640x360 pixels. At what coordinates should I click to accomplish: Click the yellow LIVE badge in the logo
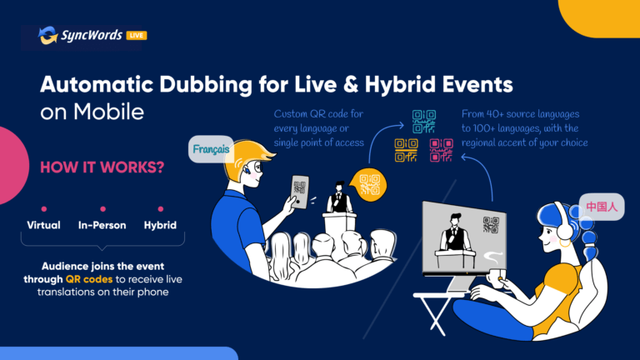[137, 36]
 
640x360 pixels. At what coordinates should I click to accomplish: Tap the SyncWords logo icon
[48, 35]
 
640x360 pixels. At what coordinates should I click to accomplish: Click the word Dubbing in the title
[206, 85]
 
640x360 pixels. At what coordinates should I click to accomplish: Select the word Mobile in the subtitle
[108, 112]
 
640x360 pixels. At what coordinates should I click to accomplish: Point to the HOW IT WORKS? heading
[102, 167]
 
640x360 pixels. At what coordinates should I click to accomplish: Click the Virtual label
[43, 225]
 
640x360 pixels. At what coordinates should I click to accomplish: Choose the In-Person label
[102, 225]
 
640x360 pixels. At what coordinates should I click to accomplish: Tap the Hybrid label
[160, 225]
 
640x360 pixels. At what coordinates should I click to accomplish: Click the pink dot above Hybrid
[160, 209]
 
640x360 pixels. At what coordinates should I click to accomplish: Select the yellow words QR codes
[89, 279]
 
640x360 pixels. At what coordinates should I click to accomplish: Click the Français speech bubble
[211, 149]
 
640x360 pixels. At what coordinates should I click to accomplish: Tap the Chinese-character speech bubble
[602, 207]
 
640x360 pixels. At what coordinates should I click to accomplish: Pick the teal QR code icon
[423, 122]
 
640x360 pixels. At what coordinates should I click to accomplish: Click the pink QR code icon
[441, 150]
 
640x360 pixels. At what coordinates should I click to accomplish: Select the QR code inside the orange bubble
[370, 185]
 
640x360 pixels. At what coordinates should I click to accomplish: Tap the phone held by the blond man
[300, 192]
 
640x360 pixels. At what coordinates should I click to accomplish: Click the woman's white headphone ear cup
[565, 229]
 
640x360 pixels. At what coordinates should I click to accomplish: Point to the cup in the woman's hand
[497, 278]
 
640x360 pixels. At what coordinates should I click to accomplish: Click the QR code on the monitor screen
[491, 224]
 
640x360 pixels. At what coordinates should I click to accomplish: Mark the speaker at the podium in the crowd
[339, 197]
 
